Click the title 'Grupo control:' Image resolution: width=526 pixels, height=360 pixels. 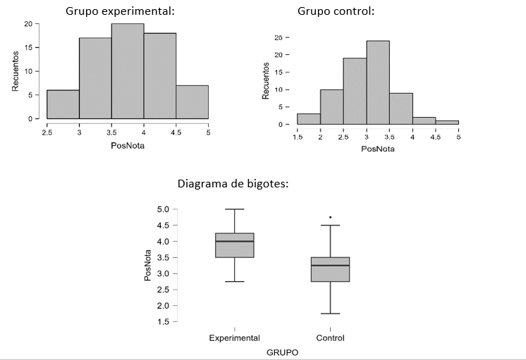(336, 11)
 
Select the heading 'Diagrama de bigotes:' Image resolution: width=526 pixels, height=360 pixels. (233, 184)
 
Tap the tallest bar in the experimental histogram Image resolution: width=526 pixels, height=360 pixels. (128, 71)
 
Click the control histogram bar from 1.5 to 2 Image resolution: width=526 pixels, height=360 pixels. (308, 119)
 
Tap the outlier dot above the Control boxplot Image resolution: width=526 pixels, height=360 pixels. (330, 217)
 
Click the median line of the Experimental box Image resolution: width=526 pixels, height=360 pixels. (235, 241)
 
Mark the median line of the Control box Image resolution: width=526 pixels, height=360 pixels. (330, 266)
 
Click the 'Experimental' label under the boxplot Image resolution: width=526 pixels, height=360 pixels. (235, 338)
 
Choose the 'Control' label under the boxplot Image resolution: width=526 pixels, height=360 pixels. (330, 338)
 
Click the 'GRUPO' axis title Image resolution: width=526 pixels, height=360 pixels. (282, 352)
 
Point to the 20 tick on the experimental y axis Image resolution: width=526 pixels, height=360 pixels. (27, 24)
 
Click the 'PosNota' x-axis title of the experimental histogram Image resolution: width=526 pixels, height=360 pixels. (128, 145)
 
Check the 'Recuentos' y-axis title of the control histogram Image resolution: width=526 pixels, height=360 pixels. (266, 80)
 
